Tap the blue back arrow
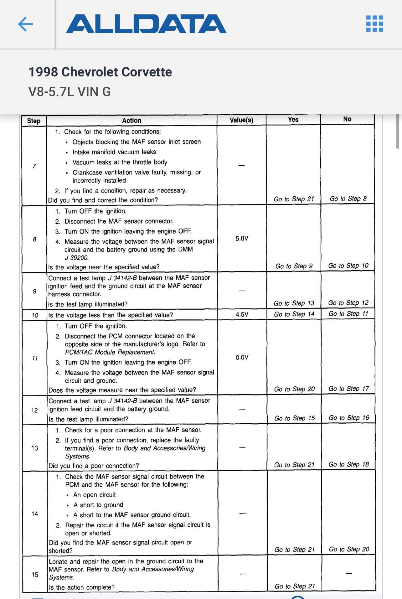coord(26,24)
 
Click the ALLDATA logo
coord(146,24)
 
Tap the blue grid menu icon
coord(374,24)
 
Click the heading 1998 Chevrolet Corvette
coord(100,72)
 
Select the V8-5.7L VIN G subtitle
coord(70,92)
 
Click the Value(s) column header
coord(241,120)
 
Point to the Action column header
coord(131,121)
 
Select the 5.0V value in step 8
coord(242,239)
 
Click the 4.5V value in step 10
coord(242,314)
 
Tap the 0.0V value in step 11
coord(242,357)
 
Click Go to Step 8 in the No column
coord(348,199)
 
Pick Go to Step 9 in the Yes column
coord(294,266)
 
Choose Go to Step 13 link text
coord(294,303)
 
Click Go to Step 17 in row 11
coord(348,389)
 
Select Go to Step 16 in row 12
coord(348,418)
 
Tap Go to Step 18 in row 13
coord(348,464)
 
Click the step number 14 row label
coord(34,514)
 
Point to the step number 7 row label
coord(34,166)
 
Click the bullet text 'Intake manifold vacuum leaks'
coord(114,152)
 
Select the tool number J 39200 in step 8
coord(77,258)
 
